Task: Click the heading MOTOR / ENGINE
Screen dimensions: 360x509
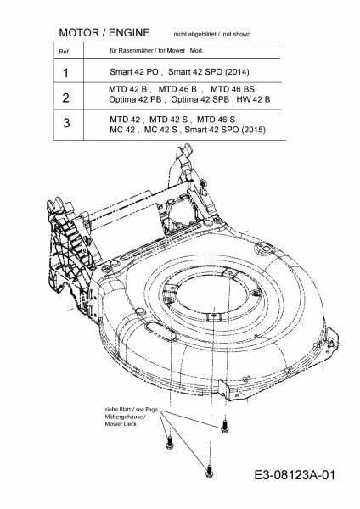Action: pos(104,33)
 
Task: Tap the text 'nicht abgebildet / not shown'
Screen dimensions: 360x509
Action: pos(212,34)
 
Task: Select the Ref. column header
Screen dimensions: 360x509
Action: pos(65,52)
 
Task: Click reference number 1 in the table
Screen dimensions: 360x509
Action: pos(66,73)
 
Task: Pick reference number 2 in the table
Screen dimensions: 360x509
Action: pos(65,98)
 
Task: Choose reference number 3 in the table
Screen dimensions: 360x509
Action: pos(66,123)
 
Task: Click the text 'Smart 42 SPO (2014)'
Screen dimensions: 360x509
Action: pos(209,72)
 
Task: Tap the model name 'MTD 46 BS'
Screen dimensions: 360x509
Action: pos(233,89)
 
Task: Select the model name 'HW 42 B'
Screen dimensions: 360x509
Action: pos(253,99)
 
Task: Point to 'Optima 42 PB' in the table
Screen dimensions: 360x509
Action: pos(135,99)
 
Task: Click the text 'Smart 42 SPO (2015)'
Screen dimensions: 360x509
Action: pos(225,130)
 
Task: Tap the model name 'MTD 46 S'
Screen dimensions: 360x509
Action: pos(216,120)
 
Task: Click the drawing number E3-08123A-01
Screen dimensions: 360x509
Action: pos(295,475)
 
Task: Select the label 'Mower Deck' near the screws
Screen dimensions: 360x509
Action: pos(121,424)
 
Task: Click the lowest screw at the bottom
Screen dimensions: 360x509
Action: pos(209,471)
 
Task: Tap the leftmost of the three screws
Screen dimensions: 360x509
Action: pos(169,443)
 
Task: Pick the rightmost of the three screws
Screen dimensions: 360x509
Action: pos(224,426)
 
